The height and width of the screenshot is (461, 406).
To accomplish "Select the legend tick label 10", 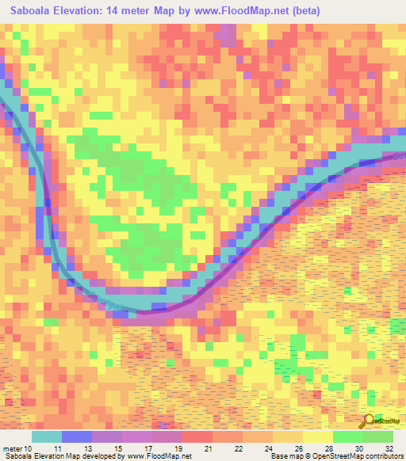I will (x=28, y=448).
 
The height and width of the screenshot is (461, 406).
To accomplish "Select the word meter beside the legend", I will (x=11, y=448).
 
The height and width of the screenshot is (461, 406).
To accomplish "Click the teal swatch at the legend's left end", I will (x=47, y=436).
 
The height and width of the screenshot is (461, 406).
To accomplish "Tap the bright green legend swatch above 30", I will (x=347, y=436).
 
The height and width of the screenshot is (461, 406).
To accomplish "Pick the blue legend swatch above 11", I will (x=77, y=436).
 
